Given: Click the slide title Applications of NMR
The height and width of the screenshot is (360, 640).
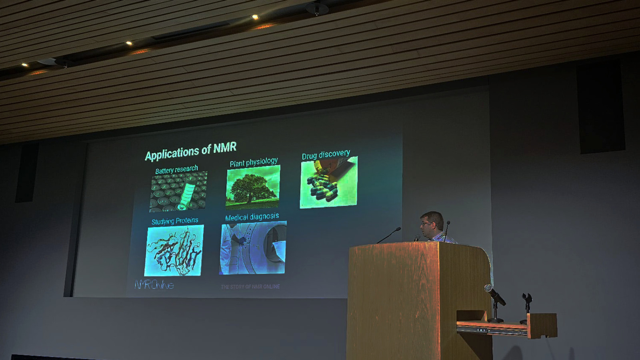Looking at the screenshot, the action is click(191, 152).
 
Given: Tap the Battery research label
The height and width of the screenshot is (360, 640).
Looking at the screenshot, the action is click(176, 170).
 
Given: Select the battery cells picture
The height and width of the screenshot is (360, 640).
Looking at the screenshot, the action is click(178, 192).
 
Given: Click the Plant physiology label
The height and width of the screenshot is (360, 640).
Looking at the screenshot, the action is click(254, 162).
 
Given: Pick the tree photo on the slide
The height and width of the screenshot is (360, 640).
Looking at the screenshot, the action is click(252, 187).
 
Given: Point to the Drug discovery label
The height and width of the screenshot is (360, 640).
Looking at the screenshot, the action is click(326, 154).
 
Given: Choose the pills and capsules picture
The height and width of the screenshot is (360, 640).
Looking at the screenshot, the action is click(328, 182).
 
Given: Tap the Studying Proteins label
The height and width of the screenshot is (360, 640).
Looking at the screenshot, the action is click(174, 221).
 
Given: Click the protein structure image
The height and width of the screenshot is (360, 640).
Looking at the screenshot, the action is click(174, 250).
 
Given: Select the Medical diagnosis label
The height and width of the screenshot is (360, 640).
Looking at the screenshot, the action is click(252, 217).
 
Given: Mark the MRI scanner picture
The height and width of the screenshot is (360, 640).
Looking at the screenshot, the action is click(253, 248).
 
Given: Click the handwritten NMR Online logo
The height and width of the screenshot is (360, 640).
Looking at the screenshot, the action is click(154, 284).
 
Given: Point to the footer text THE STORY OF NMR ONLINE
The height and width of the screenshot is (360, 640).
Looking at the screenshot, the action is click(250, 286).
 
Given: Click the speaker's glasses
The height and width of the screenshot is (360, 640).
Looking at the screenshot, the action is click(426, 223).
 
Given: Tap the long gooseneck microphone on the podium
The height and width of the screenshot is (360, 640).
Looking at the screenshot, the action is click(389, 235).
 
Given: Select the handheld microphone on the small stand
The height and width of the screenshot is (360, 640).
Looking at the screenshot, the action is click(494, 295).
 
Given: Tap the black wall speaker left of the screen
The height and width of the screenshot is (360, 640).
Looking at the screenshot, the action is click(27, 173).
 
